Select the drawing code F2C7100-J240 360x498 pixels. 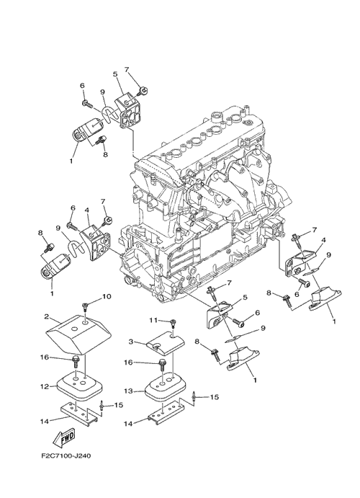66,456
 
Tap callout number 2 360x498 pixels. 46,317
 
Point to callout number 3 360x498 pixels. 130,342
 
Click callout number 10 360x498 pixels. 107,297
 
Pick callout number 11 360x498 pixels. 154,321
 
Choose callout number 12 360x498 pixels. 44,386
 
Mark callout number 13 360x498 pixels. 128,391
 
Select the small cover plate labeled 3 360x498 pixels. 166,343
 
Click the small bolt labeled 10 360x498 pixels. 85,306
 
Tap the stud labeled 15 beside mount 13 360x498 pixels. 193,396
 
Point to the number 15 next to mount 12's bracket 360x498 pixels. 119,405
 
